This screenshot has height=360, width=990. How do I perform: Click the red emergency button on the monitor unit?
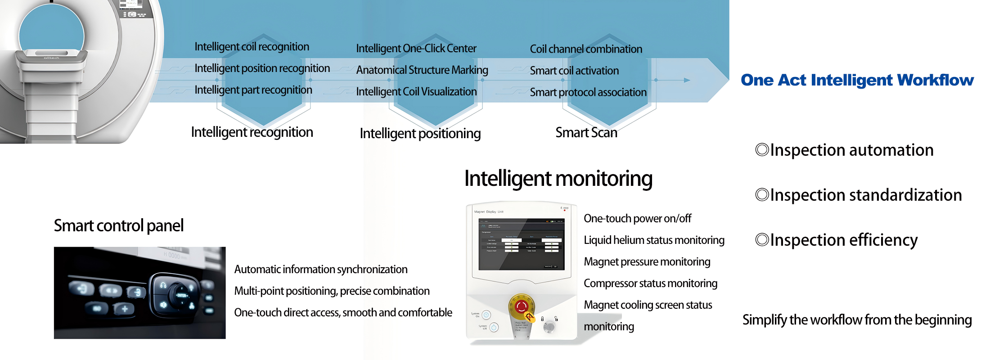coord(522,307)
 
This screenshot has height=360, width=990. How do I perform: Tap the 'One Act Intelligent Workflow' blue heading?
coord(857,80)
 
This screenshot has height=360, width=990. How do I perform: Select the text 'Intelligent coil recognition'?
coord(252,47)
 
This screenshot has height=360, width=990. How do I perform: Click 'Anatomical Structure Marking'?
coord(422,70)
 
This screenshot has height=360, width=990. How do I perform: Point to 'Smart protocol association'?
coord(588,92)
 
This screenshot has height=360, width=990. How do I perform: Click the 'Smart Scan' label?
coord(586,133)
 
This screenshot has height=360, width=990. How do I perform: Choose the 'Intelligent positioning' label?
coord(420,134)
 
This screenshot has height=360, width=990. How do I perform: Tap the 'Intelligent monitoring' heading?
coord(558,179)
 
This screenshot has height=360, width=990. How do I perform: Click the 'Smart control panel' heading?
coord(118,225)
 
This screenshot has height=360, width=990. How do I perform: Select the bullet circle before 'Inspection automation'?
coord(762,149)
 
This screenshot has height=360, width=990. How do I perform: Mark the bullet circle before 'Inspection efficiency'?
coord(762,239)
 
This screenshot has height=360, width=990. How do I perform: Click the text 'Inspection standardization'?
coord(866,195)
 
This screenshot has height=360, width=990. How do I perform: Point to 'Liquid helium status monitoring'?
coord(654,240)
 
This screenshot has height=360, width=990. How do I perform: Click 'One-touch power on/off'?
coord(637,219)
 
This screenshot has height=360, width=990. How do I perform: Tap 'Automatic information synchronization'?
coord(320,270)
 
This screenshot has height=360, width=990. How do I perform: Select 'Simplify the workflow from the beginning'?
coord(857,320)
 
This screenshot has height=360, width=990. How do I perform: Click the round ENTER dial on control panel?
coord(181,295)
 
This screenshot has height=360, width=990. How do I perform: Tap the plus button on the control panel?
coord(125,309)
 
